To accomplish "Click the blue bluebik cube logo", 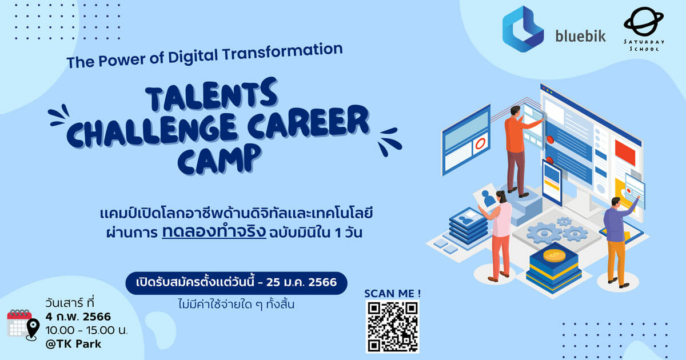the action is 523,29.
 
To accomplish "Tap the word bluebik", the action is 581,36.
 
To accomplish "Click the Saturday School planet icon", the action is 644,22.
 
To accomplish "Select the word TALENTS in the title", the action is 212,94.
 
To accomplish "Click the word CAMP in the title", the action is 220,159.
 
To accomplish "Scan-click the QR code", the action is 392,327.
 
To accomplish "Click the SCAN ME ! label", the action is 392,294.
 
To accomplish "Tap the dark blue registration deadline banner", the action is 237,283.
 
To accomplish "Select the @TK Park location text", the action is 73,344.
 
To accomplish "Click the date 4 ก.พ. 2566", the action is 78,317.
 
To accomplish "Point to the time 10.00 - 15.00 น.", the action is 86,330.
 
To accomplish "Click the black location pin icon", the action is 33,329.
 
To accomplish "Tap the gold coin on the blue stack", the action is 554,255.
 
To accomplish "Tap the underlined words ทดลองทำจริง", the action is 214,232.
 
